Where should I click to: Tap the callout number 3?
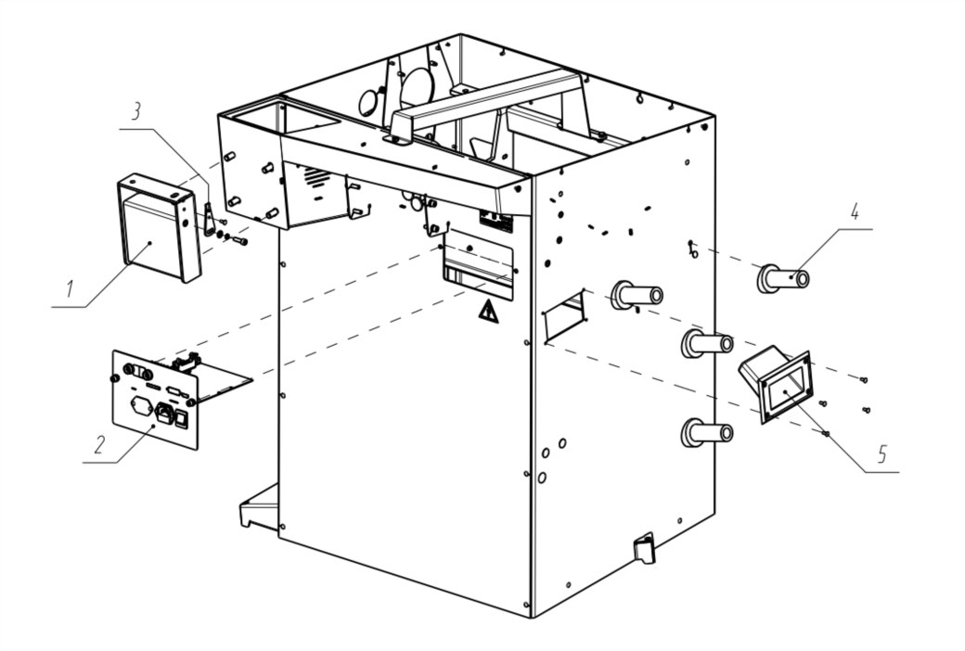pyautogui.click(x=136, y=112)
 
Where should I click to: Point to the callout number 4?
pyautogui.click(x=855, y=211)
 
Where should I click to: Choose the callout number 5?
pyautogui.click(x=881, y=454)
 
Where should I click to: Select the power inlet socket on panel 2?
pyautogui.click(x=168, y=412)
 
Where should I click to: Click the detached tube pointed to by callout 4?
pyautogui.click(x=784, y=277)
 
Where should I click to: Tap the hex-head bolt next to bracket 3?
pyautogui.click(x=238, y=240)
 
